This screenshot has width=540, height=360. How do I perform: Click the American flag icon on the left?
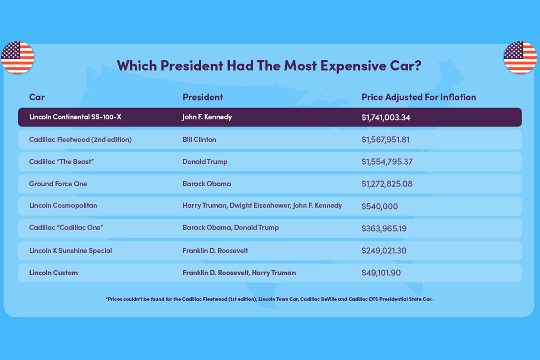pos(18,58)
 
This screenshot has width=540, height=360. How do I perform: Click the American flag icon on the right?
pos(520,58)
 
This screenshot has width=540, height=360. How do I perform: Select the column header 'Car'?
pos(37,97)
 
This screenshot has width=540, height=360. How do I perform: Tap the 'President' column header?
pos(203,97)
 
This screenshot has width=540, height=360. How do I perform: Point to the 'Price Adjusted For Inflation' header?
pos(418,97)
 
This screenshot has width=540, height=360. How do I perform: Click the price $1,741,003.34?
pos(386,117)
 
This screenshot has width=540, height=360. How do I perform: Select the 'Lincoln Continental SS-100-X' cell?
pos(75,117)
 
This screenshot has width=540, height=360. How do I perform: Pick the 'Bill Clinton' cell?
pos(199,140)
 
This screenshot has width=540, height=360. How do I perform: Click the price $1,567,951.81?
pos(385,140)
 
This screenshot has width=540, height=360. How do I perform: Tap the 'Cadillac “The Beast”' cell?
pos(61,162)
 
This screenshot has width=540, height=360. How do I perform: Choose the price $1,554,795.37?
pos(387,162)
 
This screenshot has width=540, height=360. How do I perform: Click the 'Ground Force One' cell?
pos(58,184)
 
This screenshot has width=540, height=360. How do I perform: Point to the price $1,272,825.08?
pos(387,184)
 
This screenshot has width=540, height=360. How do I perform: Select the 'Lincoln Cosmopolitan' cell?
pos(63,205)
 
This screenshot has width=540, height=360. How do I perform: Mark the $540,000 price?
pos(380,206)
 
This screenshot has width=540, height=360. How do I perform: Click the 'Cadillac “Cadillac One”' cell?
pos(66,228)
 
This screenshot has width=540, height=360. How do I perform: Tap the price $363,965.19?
pos(384,228)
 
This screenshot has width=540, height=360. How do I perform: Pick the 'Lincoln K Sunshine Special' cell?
pos(71,251)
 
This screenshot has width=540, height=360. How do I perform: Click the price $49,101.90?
pos(381,273)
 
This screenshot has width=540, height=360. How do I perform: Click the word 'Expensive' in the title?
pos(353,66)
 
